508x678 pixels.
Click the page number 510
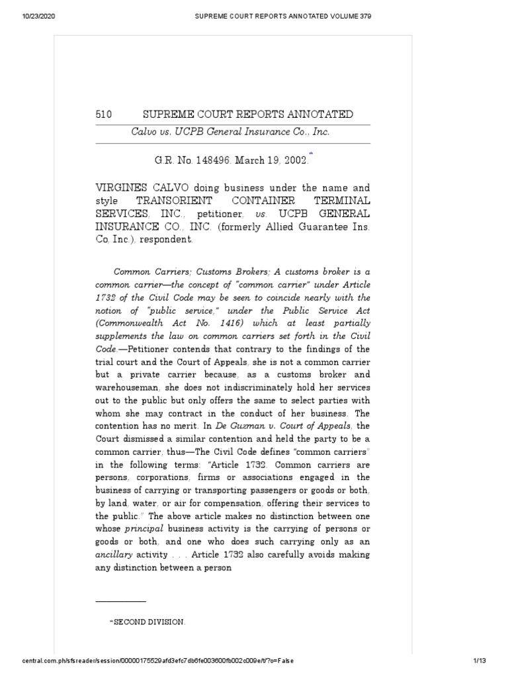point(105,115)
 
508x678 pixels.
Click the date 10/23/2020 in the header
point(21,16)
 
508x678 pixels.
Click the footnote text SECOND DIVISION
point(149,622)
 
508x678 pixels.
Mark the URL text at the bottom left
point(149,661)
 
